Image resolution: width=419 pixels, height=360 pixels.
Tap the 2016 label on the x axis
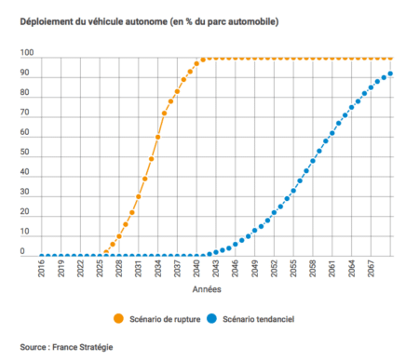43,270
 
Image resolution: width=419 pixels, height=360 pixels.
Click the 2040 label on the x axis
196,270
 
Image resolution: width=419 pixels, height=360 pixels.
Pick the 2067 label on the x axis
372,270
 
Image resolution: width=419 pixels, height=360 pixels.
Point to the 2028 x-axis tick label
119,270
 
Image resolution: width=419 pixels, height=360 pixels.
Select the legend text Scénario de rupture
166,316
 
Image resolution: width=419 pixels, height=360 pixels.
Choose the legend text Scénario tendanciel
267,316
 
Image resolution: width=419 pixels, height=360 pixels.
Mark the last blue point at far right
390,74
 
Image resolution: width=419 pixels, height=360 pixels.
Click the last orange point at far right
390,58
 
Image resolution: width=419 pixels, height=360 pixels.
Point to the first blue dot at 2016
43,255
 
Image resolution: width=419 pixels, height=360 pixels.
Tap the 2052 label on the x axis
272,270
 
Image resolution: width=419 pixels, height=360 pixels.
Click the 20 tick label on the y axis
28,216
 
